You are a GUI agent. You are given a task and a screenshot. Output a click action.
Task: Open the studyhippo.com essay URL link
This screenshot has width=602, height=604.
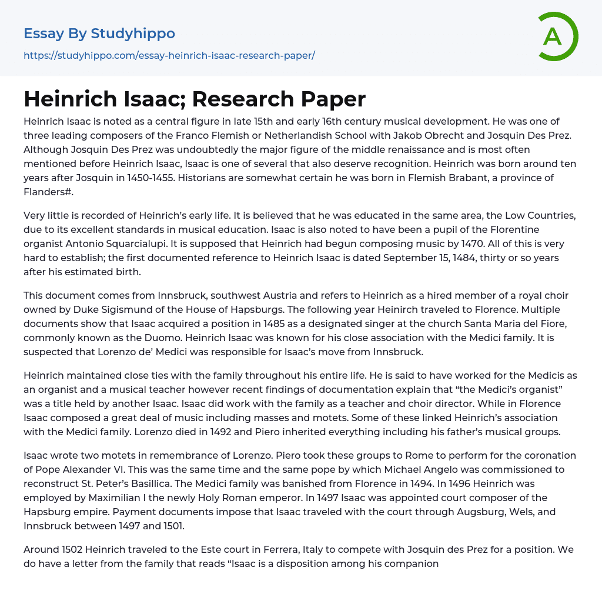tap(169, 55)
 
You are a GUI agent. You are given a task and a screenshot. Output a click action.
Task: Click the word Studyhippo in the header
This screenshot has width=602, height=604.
tap(133, 34)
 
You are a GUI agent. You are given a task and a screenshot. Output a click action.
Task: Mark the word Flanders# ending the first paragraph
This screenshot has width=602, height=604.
tap(49, 192)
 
